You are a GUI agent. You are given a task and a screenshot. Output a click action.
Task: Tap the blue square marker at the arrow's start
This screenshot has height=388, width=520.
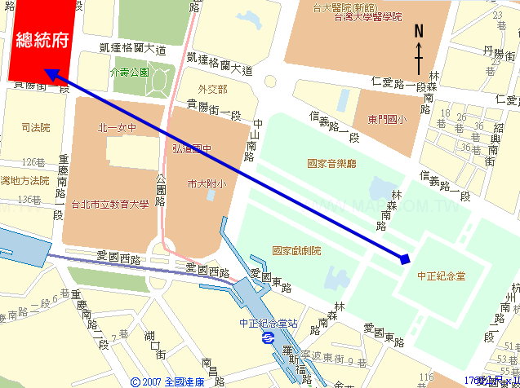coord(405,259)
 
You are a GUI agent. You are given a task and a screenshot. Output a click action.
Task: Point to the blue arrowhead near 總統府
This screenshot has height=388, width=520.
coord(51,74)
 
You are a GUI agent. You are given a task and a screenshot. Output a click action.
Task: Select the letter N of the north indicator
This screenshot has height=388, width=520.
coord(419,32)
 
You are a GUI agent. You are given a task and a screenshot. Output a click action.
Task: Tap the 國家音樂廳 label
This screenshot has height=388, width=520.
coord(331,163)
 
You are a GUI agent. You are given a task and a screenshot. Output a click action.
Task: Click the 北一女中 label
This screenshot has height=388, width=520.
coord(116,127)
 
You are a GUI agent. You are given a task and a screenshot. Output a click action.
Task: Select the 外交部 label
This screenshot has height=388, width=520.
coord(211,89)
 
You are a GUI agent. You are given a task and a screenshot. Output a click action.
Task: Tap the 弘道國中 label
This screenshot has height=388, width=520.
coord(190,148)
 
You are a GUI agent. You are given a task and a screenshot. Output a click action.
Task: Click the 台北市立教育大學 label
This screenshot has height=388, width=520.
coord(111,205)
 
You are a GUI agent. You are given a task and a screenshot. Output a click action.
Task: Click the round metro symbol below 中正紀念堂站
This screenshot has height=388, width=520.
coord(266,342)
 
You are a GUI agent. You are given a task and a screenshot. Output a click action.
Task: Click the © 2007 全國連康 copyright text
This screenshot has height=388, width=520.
coord(168,381)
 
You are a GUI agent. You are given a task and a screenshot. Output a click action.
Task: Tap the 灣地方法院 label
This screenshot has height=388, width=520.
coord(25,180)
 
